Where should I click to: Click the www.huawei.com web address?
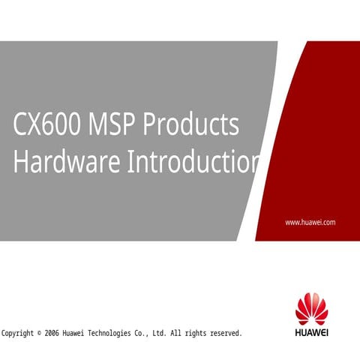point(310,223)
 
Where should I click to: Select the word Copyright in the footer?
point(18,333)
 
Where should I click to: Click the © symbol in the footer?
point(39,333)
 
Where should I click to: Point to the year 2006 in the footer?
point(52,333)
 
